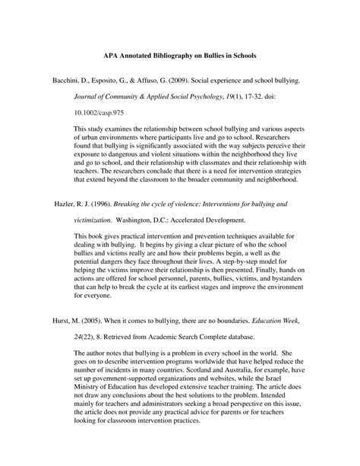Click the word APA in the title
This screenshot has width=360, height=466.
pyautogui.click(x=111, y=55)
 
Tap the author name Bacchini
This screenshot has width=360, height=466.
pyautogui.click(x=45, y=79)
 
